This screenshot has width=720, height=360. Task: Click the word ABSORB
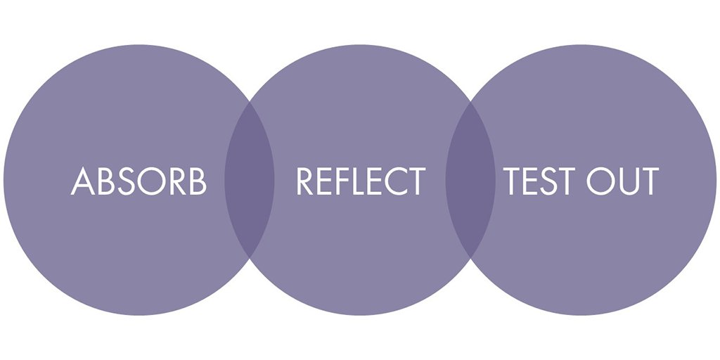click(x=139, y=181)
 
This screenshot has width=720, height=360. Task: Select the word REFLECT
click(x=360, y=181)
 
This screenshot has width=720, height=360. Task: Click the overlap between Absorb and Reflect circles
click(x=249, y=180)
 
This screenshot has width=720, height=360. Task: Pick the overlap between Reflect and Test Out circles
click(x=470, y=180)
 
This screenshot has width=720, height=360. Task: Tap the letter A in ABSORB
click(x=83, y=181)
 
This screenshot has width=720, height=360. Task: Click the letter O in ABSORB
click(x=151, y=181)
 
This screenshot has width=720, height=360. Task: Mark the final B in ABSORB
click(x=198, y=181)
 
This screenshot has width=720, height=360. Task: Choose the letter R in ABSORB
click(x=177, y=181)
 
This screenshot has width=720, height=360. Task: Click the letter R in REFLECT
click(x=304, y=181)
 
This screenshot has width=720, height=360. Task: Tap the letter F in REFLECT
click(x=342, y=181)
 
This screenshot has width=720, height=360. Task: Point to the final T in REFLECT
click(x=416, y=181)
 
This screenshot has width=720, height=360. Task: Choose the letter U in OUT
click(x=628, y=181)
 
